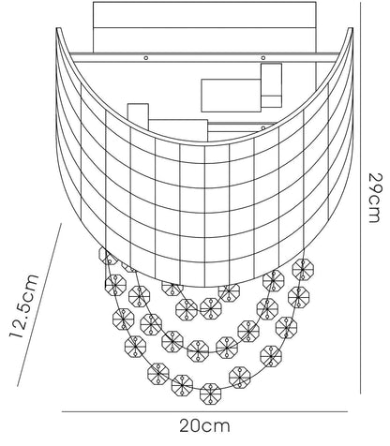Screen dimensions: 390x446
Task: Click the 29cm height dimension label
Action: [x=374, y=198]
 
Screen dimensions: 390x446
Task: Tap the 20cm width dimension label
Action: [x=204, y=425]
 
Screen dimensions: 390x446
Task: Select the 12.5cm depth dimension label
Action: [x=24, y=306]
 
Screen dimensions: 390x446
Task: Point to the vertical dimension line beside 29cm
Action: [x=361, y=198]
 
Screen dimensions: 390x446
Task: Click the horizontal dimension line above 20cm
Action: [x=204, y=411]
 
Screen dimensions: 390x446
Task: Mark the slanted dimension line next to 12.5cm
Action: [x=39, y=305]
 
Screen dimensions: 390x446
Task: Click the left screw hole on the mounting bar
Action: [x=145, y=58]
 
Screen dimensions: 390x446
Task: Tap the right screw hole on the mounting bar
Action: [x=263, y=58]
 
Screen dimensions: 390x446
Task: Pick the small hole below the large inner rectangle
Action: [x=263, y=127]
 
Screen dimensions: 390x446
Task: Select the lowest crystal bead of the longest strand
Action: [x=210, y=394]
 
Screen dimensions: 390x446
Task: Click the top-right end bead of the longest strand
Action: [x=303, y=269]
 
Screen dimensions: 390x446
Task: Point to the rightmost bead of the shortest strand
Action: [x=229, y=291]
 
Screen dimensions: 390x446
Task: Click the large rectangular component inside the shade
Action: [x=231, y=96]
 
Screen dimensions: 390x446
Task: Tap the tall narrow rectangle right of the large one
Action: [x=271, y=85]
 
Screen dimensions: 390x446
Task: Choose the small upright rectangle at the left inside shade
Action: [x=138, y=115]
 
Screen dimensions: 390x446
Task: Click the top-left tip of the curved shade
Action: [x=57, y=28]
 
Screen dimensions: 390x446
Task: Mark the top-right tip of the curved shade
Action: [x=352, y=28]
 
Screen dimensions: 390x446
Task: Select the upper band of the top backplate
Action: [x=204, y=15]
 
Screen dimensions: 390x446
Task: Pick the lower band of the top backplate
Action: [x=204, y=40]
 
